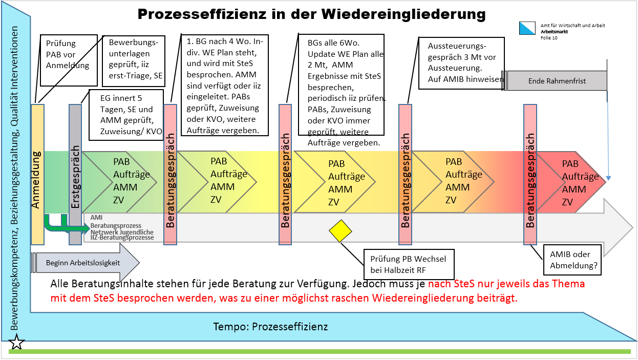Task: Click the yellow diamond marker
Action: coord(341,230)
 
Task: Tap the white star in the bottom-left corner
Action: coord(17,342)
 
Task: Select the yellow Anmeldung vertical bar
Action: coord(37,174)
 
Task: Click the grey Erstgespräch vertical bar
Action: coord(75,174)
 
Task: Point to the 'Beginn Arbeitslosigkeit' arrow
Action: coord(85,263)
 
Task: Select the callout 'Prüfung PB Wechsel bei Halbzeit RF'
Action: coord(408,264)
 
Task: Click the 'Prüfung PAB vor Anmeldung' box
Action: coord(68,60)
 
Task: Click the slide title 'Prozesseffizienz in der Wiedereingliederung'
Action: coord(311,14)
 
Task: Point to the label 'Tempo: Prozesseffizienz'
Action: coord(270,327)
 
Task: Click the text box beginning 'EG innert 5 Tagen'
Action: coord(125,115)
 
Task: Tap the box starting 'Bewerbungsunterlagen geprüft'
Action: coord(134,60)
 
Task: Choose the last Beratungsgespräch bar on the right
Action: coord(530,174)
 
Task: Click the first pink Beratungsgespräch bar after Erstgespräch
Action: coord(171,174)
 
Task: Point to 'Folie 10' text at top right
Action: coord(549,38)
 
